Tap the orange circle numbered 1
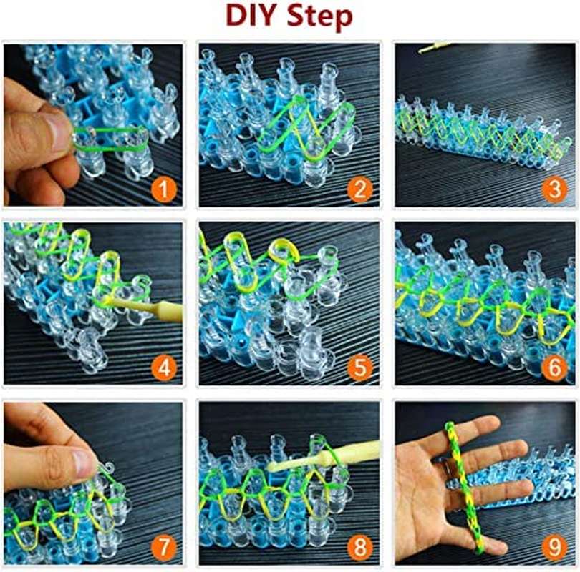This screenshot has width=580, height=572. point(165,189)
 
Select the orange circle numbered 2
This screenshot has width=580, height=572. point(359,189)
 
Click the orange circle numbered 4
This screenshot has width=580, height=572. point(165,368)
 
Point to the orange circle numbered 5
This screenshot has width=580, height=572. point(359,368)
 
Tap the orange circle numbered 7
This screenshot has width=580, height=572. point(165,547)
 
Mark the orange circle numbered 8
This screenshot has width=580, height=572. point(359,547)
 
